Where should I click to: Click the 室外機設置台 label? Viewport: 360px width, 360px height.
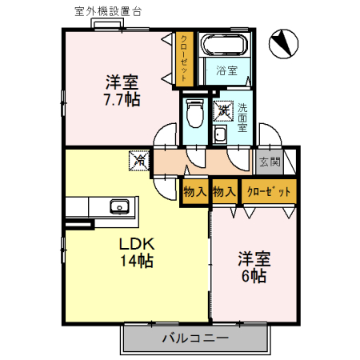coord(105,12)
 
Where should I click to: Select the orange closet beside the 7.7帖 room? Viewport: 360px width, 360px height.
coord(185,57)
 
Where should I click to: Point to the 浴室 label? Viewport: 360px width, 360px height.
coord(226,70)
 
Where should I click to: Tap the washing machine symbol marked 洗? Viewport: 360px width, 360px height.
coord(224,110)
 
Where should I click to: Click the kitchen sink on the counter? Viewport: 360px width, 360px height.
coord(120,206)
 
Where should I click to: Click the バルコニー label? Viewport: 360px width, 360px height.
coord(194,338)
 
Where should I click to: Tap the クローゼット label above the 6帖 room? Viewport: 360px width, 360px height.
coord(267,192)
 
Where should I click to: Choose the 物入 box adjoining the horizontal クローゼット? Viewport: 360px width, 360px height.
coord(225,192)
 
